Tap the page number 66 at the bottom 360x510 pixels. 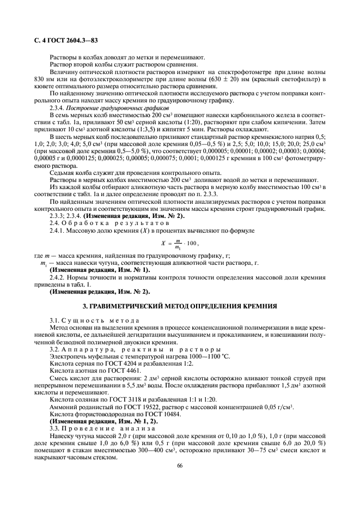click(x=180, y=465)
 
